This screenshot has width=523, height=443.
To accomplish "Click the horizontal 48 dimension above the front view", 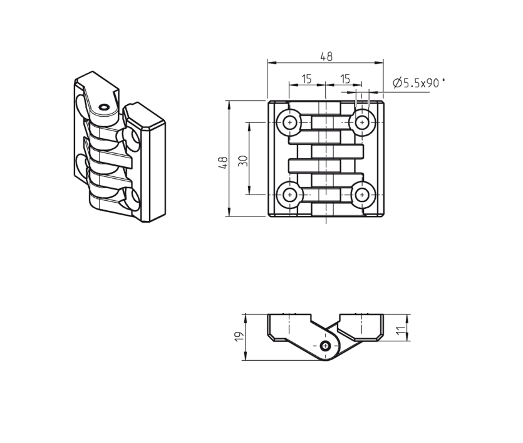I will (x=326, y=56).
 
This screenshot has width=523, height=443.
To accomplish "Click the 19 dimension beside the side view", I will (x=238, y=338).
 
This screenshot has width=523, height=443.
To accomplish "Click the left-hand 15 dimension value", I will (x=307, y=78).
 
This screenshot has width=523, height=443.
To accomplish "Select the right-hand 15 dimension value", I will (x=344, y=78).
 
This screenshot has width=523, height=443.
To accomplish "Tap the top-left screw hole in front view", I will (x=289, y=122).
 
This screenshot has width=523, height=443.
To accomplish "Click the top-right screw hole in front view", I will (x=362, y=122).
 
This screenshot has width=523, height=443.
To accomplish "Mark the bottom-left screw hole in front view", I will (x=289, y=195).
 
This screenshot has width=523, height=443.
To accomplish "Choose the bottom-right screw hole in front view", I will (x=362, y=195).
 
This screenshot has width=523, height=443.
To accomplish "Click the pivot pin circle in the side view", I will (x=325, y=346).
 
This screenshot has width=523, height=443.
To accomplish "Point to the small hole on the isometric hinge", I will (x=103, y=107).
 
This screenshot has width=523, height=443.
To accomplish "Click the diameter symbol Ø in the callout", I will (x=397, y=83).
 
